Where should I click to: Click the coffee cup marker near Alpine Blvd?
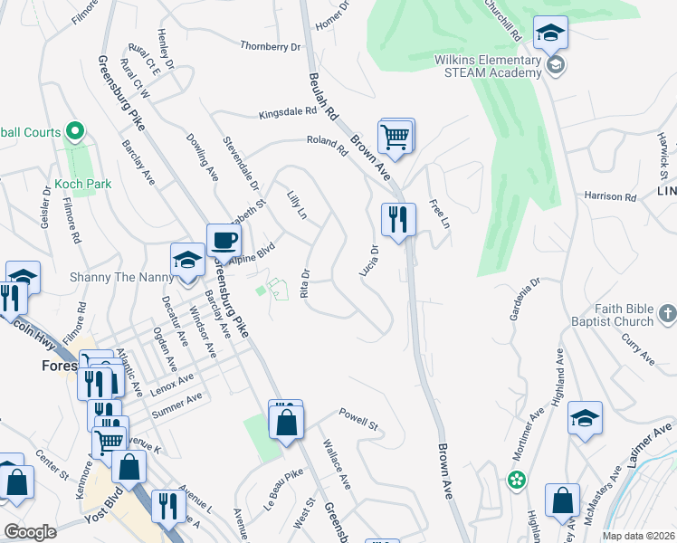click(x=224, y=241)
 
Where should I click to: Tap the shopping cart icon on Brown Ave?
click(x=396, y=137)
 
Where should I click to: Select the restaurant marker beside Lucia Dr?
click(x=398, y=219)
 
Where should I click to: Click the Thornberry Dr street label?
click(x=270, y=45)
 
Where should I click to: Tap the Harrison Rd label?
click(x=610, y=195)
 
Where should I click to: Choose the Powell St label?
click(x=358, y=422)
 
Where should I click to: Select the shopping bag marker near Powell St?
click(x=286, y=421)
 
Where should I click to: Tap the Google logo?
click(x=30, y=532)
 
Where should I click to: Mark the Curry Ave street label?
click(x=637, y=348)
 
